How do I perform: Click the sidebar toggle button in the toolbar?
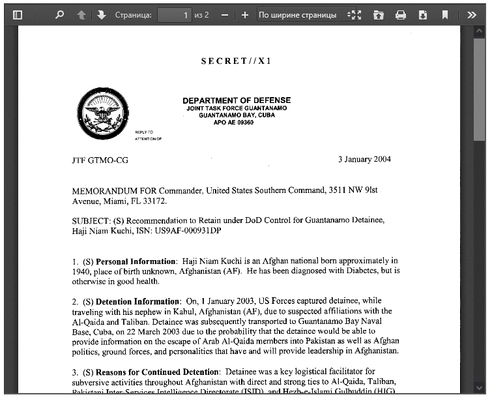pos(18,14)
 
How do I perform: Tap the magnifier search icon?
pos(60,14)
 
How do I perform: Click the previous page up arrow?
pos(81,14)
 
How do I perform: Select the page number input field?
pos(174,14)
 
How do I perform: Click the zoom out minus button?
pos(224,14)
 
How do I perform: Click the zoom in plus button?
pos(244,14)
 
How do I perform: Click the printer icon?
pos(401,14)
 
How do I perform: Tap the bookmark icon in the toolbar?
pos(445,14)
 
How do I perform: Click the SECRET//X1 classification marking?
pos(236,61)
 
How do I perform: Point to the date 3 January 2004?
pos(364,160)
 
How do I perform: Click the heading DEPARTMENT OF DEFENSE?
pos(237,100)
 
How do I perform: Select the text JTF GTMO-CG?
pos(100,160)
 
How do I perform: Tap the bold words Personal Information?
pos(136,261)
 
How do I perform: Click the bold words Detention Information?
pos(137,302)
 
